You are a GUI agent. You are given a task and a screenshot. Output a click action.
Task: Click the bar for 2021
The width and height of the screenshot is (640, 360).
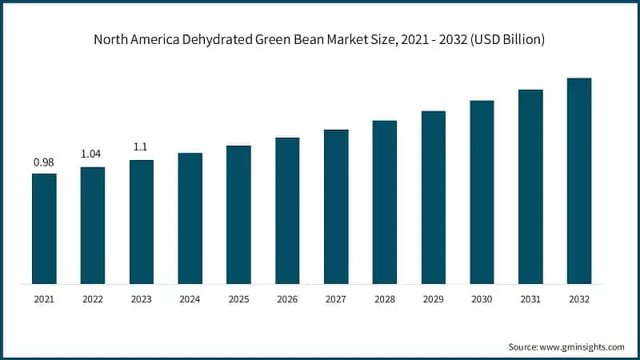pos(44,228)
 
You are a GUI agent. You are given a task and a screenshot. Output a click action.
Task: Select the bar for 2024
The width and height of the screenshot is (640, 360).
pos(190,218)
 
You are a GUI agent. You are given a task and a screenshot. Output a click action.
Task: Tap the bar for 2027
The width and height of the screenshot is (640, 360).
pos(336,206)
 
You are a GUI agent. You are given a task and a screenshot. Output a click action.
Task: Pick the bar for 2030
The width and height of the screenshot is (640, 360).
pos(482,192)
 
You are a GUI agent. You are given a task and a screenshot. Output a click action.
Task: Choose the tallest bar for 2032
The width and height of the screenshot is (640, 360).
pos(578,181)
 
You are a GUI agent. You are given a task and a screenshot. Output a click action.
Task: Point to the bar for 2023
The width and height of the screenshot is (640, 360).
pos(142,222)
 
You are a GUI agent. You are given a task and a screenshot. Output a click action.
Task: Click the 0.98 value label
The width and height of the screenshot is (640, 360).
pos(44,162)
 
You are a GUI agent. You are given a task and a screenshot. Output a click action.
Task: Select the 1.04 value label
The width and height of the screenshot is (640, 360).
pos(93,154)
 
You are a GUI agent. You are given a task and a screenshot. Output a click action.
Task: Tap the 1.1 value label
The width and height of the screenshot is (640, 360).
pos(142,148)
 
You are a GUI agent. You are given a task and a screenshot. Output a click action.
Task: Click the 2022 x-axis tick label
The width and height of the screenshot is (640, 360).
pos(93,299)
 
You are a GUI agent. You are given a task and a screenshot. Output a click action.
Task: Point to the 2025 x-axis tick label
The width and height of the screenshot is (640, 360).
pos(238,299)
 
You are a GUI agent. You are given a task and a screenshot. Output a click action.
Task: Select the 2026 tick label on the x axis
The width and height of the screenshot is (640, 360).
pos(287,299)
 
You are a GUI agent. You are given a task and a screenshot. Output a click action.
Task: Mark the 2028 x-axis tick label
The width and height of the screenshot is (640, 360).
pos(385,299)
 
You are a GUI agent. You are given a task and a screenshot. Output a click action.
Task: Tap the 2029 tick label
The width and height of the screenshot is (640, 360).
pos(433,299)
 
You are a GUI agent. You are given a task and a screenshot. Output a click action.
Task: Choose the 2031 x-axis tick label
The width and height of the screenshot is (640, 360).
pos(530,299)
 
